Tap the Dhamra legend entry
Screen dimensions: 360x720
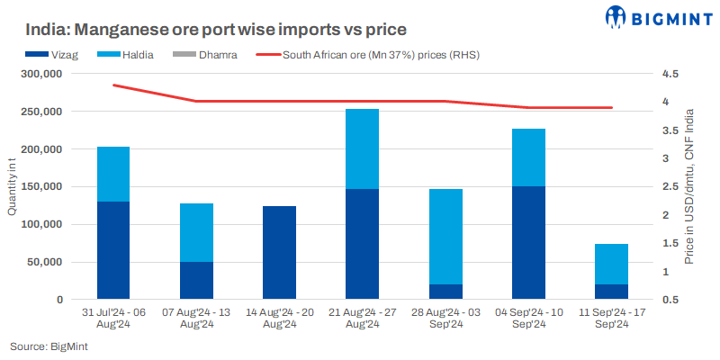[x=210, y=55]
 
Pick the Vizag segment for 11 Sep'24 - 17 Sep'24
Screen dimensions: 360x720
[x=611, y=292]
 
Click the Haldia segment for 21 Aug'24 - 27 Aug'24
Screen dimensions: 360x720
[x=363, y=148]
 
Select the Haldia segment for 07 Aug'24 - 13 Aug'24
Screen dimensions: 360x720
[x=196, y=232]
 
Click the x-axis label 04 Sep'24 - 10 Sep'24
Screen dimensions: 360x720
[x=529, y=319]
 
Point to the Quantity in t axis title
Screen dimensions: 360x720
[x=12, y=187]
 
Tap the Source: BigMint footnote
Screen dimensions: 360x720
[x=49, y=346]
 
